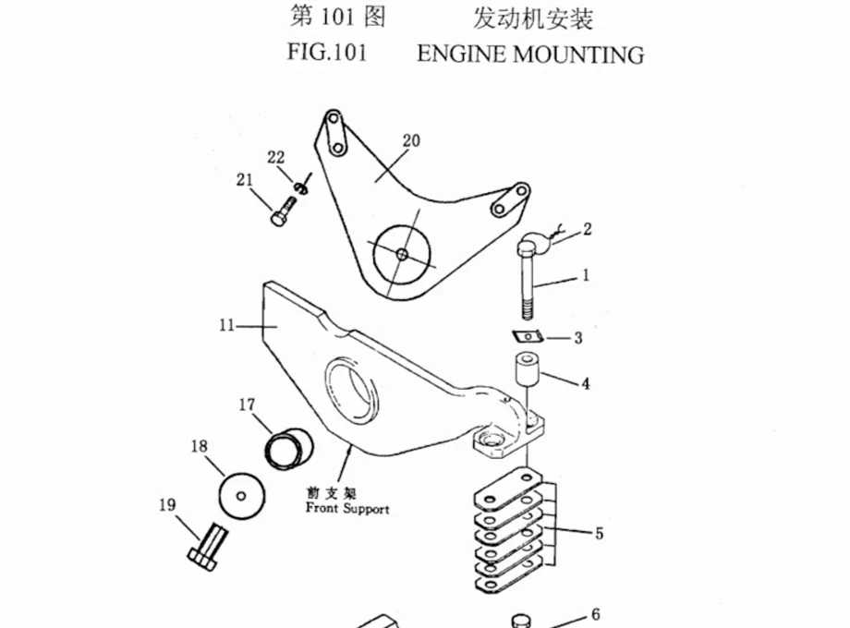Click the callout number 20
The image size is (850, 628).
click(411, 141)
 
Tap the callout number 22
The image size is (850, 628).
click(276, 158)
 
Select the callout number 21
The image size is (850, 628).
click(245, 179)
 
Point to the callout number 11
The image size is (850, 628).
click(226, 326)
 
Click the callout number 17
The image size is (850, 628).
click(247, 405)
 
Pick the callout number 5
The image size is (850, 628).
click(599, 534)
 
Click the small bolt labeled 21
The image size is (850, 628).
click(284, 211)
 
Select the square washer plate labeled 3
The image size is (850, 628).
click(528, 337)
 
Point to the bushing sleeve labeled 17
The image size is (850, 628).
click(289, 448)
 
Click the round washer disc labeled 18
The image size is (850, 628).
click(242, 496)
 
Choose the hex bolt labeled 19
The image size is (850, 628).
click(208, 548)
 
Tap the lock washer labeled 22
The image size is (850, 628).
click(301, 187)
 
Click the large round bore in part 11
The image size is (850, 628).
click(351, 392)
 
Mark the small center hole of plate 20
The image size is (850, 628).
click(402, 254)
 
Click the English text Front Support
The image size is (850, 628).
click(347, 509)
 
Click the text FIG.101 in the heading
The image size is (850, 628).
click(327, 53)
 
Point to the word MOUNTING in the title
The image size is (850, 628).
click(578, 55)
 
